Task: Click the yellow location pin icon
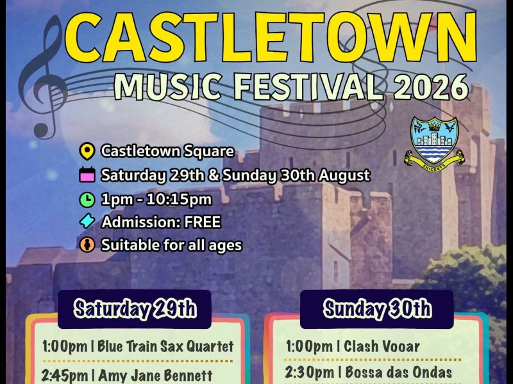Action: click(x=87, y=151)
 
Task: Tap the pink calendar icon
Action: click(x=87, y=175)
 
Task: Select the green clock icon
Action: click(x=87, y=199)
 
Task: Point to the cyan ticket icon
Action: click(x=87, y=221)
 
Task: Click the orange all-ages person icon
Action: click(x=87, y=244)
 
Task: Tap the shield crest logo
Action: click(x=434, y=143)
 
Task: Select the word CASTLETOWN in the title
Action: click(x=271, y=36)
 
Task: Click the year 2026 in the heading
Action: click(x=431, y=86)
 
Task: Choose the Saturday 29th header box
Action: click(x=135, y=309)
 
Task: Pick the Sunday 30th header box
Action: click(x=377, y=309)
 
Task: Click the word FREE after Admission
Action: click(x=203, y=222)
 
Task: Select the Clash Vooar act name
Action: click(x=382, y=346)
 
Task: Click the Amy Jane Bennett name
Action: click(x=155, y=376)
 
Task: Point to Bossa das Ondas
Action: click(x=398, y=372)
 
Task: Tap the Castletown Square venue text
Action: click(x=167, y=151)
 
